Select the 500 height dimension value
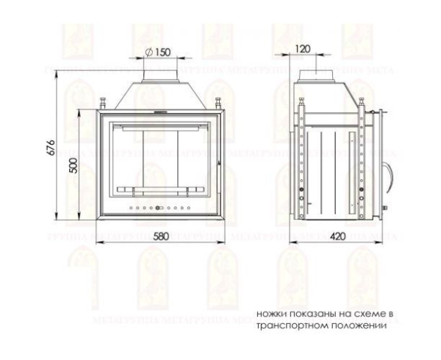click(x=72, y=165)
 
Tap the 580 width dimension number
click(x=165, y=237)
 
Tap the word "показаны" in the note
click(x=309, y=314)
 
